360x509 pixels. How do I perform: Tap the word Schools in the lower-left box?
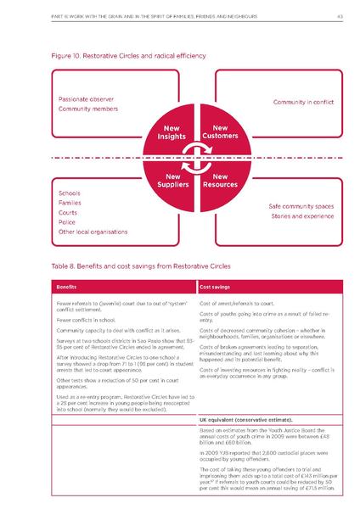(69, 193)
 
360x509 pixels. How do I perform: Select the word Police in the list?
(66, 221)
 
